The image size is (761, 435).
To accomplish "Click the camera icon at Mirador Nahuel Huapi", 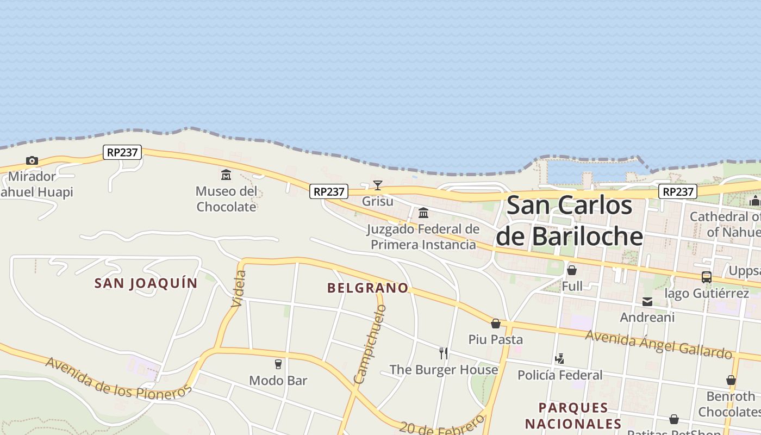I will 32,160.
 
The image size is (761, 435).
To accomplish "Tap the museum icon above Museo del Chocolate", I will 226,175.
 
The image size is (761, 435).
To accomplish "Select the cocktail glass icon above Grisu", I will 378,185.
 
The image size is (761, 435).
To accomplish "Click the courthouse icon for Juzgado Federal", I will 423,213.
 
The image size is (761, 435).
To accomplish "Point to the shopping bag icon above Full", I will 572,270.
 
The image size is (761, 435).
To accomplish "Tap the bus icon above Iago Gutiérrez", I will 707,277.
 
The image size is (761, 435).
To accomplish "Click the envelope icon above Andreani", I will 647,302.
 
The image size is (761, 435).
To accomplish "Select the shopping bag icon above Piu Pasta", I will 496,324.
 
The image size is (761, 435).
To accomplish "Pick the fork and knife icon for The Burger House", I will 444,353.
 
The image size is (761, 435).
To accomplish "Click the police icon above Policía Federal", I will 560,359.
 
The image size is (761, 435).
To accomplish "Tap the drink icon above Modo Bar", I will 278,364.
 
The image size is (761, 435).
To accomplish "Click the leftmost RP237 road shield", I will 122,152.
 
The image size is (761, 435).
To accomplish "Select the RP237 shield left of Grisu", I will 329,191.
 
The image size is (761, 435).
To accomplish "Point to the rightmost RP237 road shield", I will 678,191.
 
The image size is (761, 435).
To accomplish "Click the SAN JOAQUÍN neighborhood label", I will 146,283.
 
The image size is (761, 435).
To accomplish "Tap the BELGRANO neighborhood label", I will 367,288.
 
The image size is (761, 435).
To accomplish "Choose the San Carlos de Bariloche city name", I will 570,221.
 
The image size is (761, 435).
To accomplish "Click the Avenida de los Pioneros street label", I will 118,378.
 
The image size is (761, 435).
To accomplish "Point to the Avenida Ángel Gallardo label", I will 659,345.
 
